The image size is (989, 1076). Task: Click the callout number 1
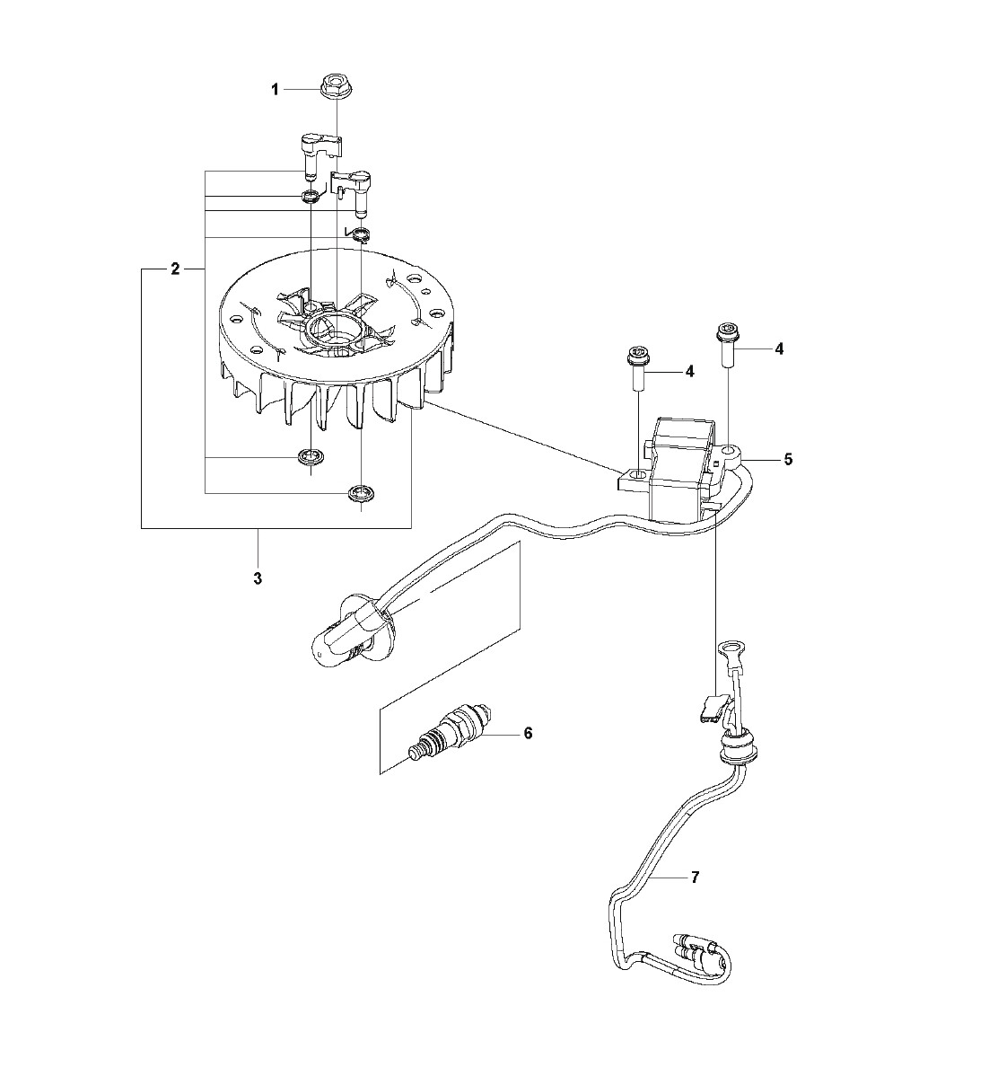[x=275, y=89]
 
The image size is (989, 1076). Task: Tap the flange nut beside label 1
[x=333, y=86]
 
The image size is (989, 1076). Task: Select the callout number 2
[x=176, y=269]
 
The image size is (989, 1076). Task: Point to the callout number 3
[x=258, y=578]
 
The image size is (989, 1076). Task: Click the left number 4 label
[x=689, y=371]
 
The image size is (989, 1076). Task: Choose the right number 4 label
[x=778, y=348]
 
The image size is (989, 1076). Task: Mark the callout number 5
[x=788, y=459]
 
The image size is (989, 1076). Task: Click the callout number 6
[x=528, y=733]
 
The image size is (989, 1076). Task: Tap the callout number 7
[x=695, y=877]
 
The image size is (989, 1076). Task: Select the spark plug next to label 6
[x=450, y=736]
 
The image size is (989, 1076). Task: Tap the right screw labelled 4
[x=727, y=347]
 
